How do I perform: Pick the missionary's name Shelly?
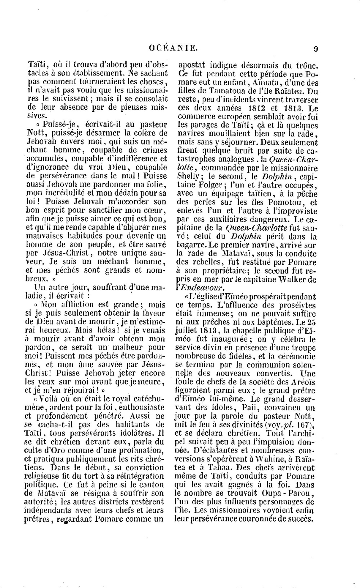click(x=189, y=177)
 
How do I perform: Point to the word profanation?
click(x=137, y=450)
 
